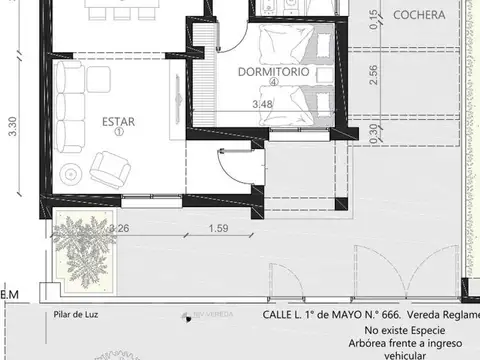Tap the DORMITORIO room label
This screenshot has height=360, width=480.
(272, 73)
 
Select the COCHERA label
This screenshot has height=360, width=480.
(420, 15)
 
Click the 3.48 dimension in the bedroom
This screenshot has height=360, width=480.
(263, 104)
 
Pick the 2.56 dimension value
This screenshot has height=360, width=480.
(373, 76)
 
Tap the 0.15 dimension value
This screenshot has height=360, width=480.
(373, 20)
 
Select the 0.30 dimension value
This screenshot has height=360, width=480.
(373, 131)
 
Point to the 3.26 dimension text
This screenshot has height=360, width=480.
(119, 229)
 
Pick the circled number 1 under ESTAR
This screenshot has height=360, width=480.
(118, 131)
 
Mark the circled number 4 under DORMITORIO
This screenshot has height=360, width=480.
(271, 84)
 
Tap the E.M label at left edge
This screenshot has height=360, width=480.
(9, 294)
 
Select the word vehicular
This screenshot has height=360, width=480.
(398, 354)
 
